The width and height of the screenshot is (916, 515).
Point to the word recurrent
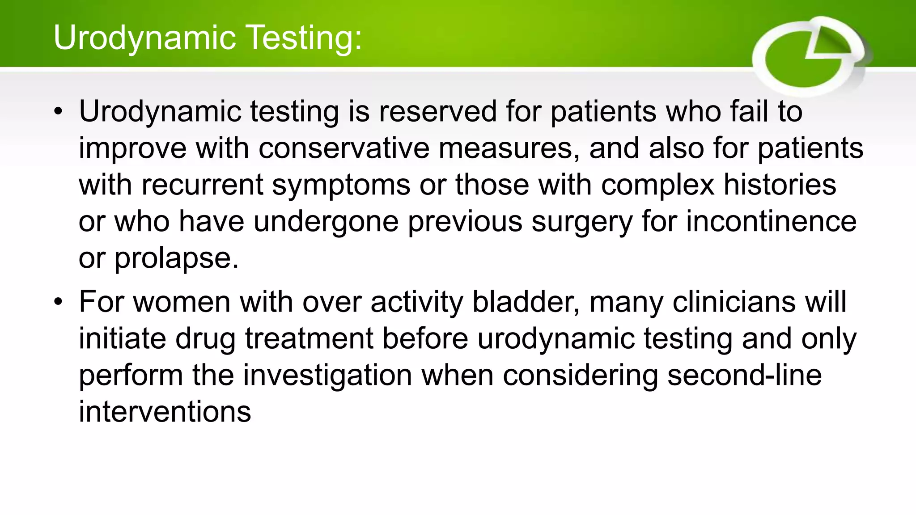point(202,185)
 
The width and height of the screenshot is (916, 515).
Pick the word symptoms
point(341,185)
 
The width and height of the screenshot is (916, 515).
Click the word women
point(181,302)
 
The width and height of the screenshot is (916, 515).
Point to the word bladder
point(526,302)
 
